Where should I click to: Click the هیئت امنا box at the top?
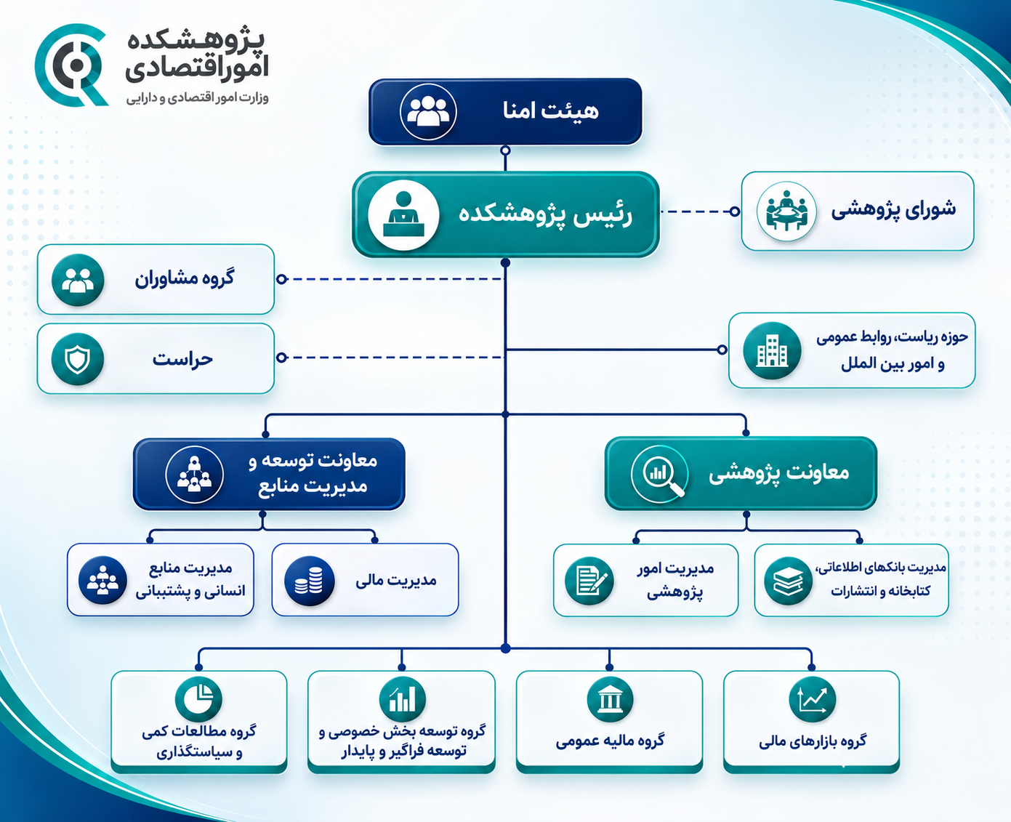click(505, 111)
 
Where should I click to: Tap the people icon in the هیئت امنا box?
click(428, 112)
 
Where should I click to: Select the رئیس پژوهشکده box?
click(506, 214)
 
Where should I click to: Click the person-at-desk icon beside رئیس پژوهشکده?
click(403, 215)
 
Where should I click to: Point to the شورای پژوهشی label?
click(893, 210)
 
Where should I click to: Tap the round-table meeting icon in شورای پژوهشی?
click(786, 211)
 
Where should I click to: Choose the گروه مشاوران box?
click(156, 279)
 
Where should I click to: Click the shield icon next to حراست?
click(78, 359)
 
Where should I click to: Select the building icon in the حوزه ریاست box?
click(773, 351)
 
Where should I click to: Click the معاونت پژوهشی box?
click(741, 474)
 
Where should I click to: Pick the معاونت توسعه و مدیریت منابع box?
click(269, 474)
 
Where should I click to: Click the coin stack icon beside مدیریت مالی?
click(310, 581)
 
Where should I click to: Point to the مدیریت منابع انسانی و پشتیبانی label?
click(190, 579)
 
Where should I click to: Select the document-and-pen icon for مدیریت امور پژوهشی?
click(589, 581)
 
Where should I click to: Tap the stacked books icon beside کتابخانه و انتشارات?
click(788, 581)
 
